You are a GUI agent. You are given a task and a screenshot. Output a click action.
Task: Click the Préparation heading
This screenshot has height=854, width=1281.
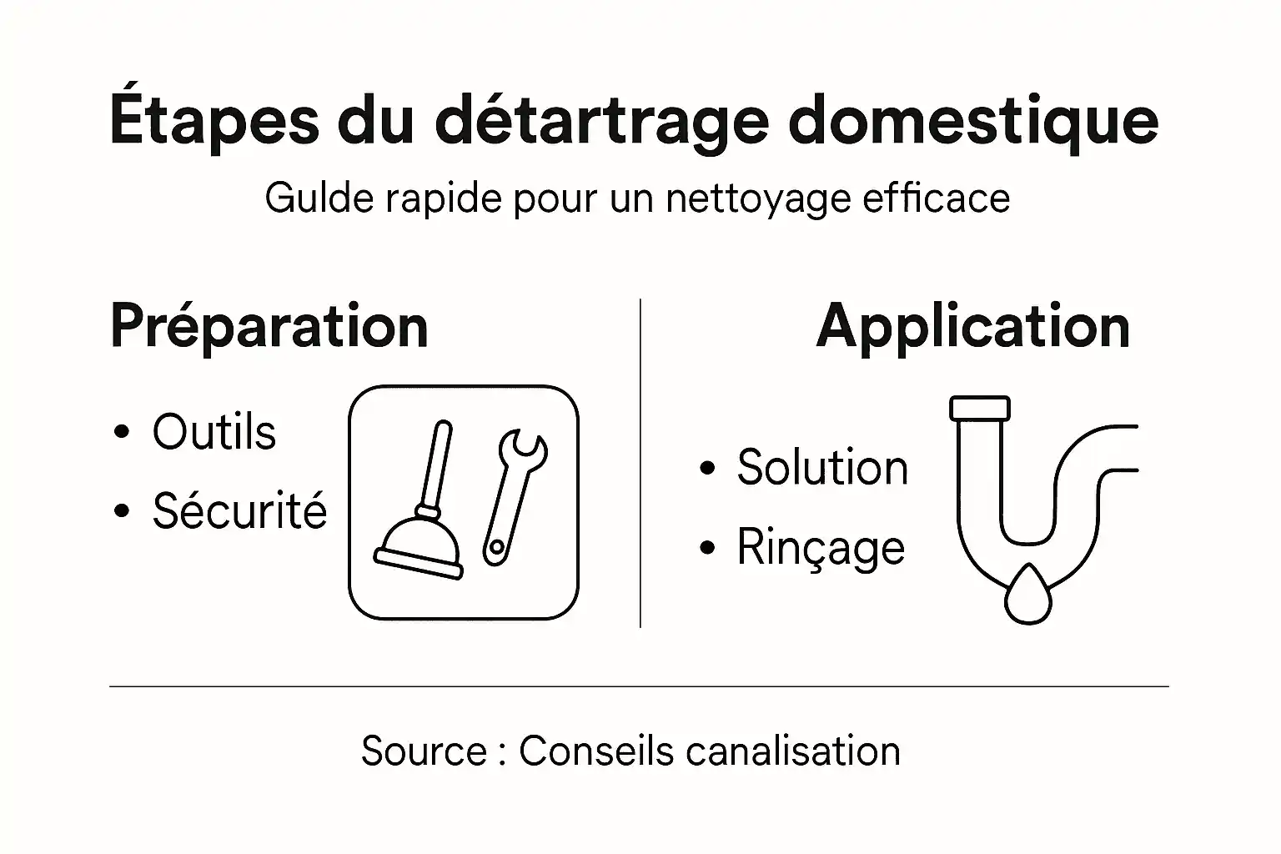click(x=269, y=326)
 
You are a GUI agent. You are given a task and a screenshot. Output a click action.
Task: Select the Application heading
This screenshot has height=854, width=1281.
click(x=972, y=326)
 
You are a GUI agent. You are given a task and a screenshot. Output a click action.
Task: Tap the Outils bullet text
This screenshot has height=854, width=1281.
click(x=213, y=432)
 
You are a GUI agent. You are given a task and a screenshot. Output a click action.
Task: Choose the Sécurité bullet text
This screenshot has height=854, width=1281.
click(x=239, y=510)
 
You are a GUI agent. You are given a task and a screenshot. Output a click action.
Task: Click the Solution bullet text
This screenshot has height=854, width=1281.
click(x=822, y=467)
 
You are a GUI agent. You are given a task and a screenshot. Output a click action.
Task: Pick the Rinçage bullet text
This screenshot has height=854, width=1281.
click(x=821, y=548)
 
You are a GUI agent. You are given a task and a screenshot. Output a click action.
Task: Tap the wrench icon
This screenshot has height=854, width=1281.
click(x=514, y=496)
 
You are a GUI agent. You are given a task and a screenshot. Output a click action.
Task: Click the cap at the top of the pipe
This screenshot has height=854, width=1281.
click(x=980, y=408)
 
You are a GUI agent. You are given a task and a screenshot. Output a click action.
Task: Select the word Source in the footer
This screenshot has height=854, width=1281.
click(x=424, y=751)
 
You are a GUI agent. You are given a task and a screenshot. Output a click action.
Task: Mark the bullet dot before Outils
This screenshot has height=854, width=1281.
click(x=123, y=433)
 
